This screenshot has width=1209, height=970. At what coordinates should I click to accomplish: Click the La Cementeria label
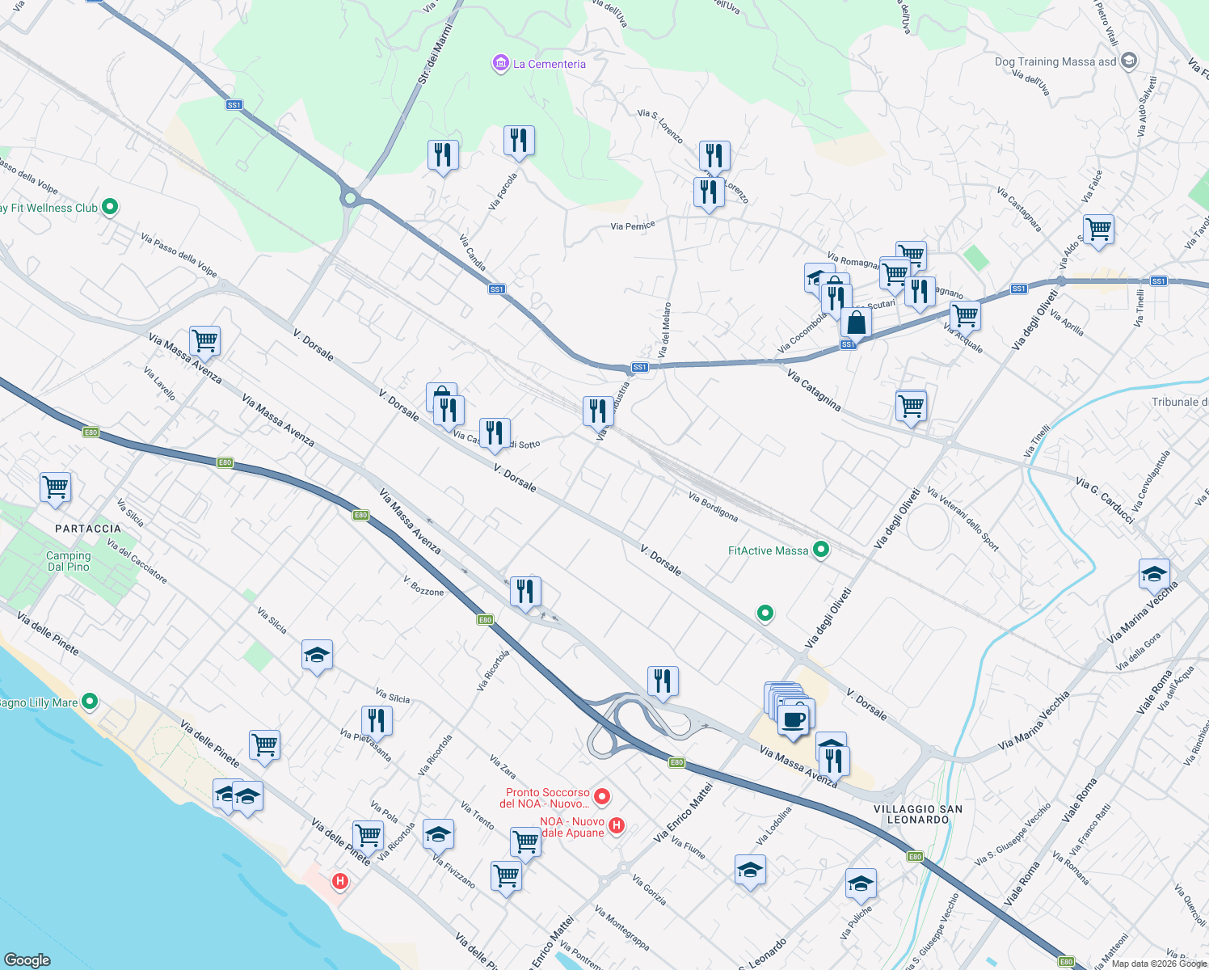550,64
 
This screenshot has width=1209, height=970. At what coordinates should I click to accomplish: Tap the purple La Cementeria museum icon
500,63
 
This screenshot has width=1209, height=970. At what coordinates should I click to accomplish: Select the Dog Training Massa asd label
1055,61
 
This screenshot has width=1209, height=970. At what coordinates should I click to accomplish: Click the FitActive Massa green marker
821,550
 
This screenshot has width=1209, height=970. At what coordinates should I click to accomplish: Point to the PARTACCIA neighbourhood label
88,529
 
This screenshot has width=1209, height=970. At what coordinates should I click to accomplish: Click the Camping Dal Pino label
69,561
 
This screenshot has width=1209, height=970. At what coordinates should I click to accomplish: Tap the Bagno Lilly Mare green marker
90,702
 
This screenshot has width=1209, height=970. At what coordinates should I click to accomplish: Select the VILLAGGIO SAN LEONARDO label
918,814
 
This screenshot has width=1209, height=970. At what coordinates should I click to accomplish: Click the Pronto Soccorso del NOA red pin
601,797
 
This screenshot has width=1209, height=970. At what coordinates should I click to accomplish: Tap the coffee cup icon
794,719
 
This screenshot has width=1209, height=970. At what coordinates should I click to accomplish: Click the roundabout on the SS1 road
350,197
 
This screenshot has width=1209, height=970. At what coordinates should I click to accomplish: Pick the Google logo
28,959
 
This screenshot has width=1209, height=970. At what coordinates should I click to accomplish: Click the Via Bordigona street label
713,507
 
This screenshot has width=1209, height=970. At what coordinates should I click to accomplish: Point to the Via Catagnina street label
814,390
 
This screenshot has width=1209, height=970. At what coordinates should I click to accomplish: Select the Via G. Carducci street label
1105,499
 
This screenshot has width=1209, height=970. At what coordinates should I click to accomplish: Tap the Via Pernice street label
633,226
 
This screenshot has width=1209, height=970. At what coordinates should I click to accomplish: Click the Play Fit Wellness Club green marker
110,207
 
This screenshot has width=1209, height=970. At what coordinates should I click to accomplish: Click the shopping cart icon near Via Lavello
205,341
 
